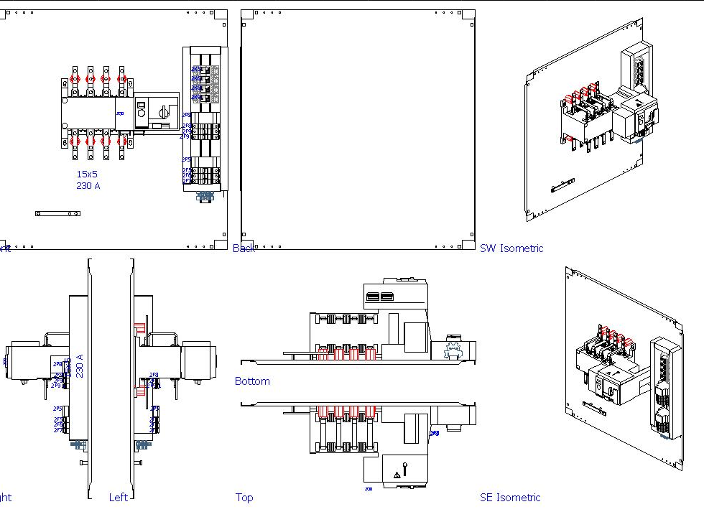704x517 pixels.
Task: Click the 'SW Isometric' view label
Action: (x=511, y=248)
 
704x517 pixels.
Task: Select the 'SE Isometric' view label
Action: (x=510, y=497)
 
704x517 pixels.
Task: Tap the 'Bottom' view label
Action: (x=252, y=381)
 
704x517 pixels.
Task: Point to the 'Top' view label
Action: (x=244, y=497)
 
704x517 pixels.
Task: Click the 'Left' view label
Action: (x=119, y=497)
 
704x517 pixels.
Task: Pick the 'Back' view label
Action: (x=244, y=248)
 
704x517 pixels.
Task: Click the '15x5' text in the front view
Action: (x=87, y=174)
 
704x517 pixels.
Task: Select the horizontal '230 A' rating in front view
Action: (x=88, y=186)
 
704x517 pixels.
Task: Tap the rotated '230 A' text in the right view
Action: (x=80, y=365)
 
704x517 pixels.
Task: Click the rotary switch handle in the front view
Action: (x=163, y=113)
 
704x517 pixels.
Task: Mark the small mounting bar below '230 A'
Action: (x=57, y=213)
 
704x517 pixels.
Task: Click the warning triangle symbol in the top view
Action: (x=397, y=475)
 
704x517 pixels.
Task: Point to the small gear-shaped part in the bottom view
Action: (x=453, y=350)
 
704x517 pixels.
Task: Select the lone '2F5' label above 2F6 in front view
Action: (x=186, y=159)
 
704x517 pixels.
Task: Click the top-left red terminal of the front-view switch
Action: (x=75, y=79)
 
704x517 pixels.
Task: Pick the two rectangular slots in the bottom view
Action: (x=380, y=297)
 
